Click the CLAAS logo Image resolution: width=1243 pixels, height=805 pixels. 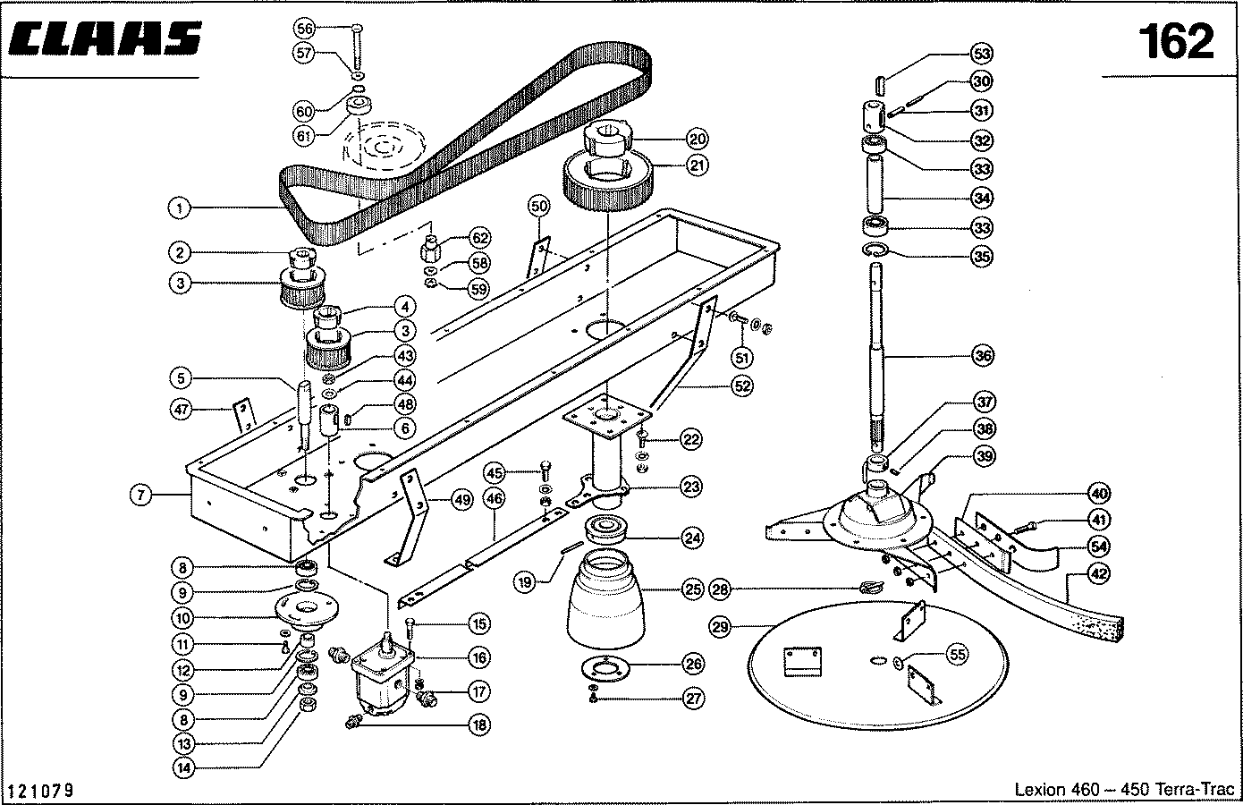(x=105, y=38)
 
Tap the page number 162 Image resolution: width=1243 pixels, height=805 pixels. (x=1176, y=42)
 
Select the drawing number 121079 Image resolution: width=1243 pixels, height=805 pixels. (x=42, y=790)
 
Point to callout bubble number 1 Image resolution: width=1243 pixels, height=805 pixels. (x=179, y=208)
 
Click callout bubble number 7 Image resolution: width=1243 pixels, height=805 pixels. (x=141, y=494)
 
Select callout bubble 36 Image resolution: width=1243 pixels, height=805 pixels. (x=983, y=355)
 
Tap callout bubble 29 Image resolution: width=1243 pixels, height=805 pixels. (x=720, y=627)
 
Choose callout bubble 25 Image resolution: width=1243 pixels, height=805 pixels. (x=693, y=589)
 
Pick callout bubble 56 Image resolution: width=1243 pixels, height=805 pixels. (x=304, y=29)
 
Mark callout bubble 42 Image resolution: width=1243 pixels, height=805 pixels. (x=1099, y=573)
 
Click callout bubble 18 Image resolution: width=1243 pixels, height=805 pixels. (x=479, y=724)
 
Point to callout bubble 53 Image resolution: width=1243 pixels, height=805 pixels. (x=982, y=54)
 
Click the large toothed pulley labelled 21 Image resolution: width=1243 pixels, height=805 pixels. (x=607, y=182)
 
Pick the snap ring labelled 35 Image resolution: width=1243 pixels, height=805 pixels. (x=876, y=250)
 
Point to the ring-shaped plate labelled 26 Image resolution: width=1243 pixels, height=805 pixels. (x=605, y=669)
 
